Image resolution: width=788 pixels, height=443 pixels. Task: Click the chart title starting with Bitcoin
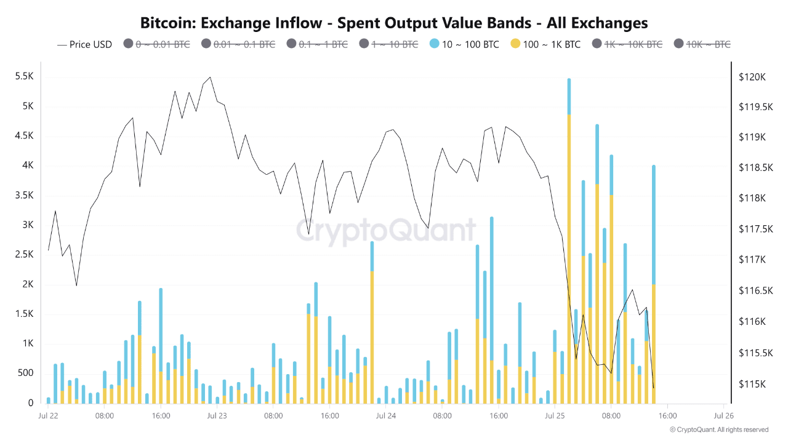pyautogui.click(x=394, y=23)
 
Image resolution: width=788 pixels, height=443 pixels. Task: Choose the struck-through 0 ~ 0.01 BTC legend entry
pyautogui.click(x=157, y=44)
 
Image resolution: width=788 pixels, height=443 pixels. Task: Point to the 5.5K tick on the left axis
pyautogui.click(x=24, y=77)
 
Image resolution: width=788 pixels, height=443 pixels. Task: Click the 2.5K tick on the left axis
pyautogui.click(x=24, y=255)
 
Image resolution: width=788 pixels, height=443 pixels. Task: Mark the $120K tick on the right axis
pyautogui.click(x=752, y=78)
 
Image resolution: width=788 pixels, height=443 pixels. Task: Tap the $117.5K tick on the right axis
pyautogui.click(x=752, y=229)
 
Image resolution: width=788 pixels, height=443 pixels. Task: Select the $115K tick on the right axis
pyautogui.click(x=752, y=385)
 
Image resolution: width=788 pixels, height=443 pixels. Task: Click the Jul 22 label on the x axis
pyautogui.click(x=49, y=415)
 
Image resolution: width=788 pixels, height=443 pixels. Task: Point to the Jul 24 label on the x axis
pyautogui.click(x=386, y=415)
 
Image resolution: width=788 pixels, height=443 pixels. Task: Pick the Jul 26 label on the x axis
pyautogui.click(x=723, y=415)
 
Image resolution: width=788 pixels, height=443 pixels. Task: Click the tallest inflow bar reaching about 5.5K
pyautogui.click(x=569, y=246)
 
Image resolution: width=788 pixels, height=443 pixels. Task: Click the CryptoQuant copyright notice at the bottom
pyautogui.click(x=719, y=429)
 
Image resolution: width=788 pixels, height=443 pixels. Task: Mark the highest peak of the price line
pyautogui.click(x=210, y=77)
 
